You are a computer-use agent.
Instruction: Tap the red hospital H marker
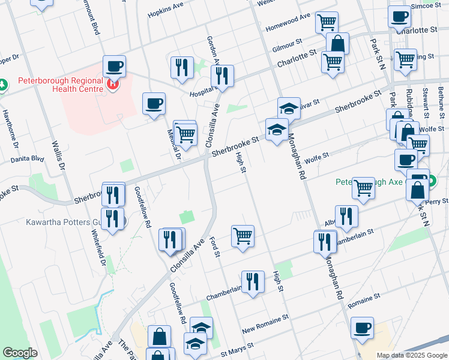(x=112, y=85)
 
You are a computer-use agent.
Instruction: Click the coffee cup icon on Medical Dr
(x=154, y=103)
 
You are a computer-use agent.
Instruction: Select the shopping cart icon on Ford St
(x=243, y=236)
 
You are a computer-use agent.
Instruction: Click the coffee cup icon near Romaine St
(x=362, y=328)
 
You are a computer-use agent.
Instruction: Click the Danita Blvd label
(x=28, y=159)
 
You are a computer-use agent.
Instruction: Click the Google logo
(x=20, y=353)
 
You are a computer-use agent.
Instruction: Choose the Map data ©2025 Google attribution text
(x=411, y=355)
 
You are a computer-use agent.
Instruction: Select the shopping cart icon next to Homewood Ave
(x=327, y=23)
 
